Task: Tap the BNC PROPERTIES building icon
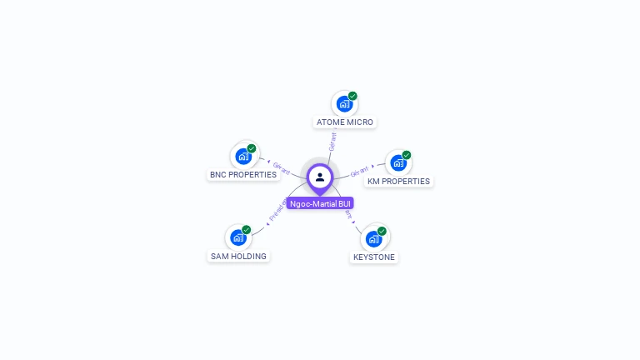click(x=242, y=156)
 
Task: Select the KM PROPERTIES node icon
click(x=397, y=162)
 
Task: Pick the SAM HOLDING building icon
click(x=237, y=237)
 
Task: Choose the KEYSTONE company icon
click(x=373, y=238)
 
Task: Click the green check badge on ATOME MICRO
click(x=352, y=96)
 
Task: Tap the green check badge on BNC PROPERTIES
click(x=252, y=148)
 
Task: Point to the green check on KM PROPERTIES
click(x=407, y=155)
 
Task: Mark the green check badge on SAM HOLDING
click(x=247, y=229)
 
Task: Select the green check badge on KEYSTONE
click(x=382, y=231)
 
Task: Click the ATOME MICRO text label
click(x=345, y=122)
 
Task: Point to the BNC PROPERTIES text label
click(x=242, y=175)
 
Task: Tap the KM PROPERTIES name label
click(x=399, y=182)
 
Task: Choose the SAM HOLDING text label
click(x=238, y=257)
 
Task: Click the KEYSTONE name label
click(x=374, y=257)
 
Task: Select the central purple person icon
click(x=320, y=177)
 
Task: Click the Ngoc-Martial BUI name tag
click(x=320, y=204)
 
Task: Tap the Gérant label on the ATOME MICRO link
click(x=332, y=141)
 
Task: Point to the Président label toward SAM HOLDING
click(x=277, y=209)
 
